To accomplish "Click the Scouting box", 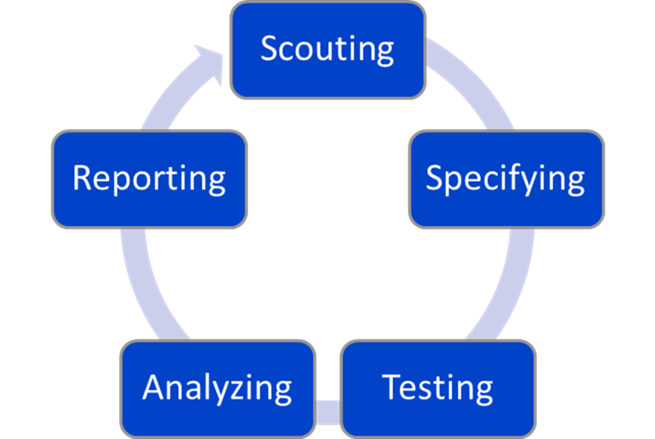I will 328,50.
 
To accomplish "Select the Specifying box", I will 506,179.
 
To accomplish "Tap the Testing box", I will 438,388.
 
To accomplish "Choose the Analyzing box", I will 217,388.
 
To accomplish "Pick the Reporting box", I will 149,179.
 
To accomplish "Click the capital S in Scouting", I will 269,49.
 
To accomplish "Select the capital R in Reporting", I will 82,178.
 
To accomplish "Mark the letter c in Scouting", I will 288,52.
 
